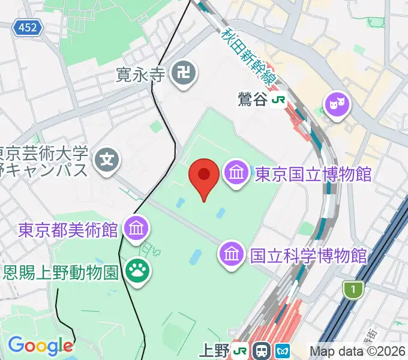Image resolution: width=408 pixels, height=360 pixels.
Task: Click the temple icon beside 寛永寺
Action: [181, 74]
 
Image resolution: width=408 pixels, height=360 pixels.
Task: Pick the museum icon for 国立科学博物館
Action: [232, 255]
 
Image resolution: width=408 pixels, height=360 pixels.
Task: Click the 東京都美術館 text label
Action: [68, 229]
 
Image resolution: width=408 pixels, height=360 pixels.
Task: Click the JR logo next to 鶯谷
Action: [278, 100]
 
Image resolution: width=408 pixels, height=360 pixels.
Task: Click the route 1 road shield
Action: [354, 290]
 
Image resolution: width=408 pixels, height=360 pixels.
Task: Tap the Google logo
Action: [40, 346]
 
